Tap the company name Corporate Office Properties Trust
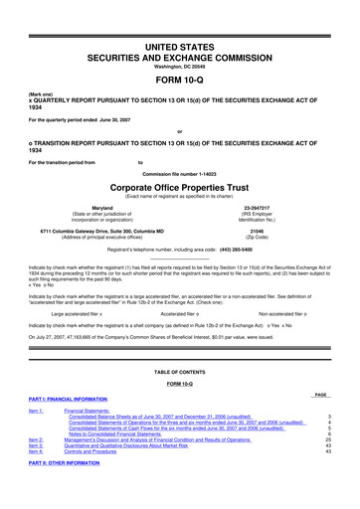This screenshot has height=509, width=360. [179, 186]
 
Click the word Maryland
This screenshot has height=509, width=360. [105, 208]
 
